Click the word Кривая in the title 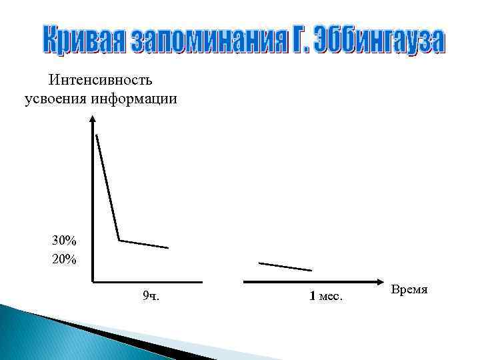pos(83,41)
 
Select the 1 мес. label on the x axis pos(326,296)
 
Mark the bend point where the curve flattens pos(119,240)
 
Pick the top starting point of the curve pos(97,135)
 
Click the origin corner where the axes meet pos(93,282)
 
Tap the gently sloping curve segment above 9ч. pos(144,244)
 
